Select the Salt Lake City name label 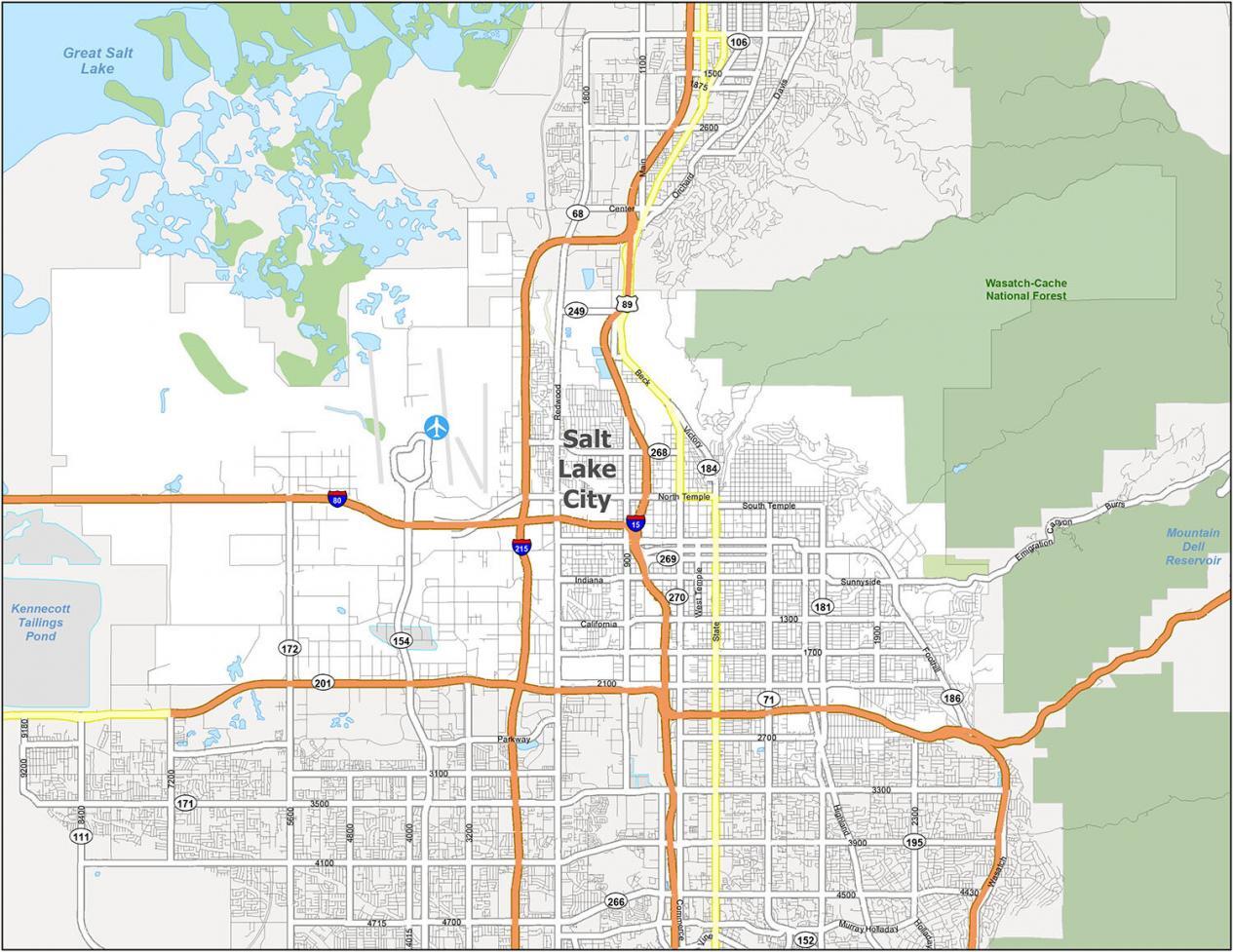coord(588,470)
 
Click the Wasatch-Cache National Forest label coord(1025,289)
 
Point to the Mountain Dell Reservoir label coord(1193,547)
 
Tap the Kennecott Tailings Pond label coord(41,622)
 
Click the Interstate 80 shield coord(336,499)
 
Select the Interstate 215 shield coord(521,548)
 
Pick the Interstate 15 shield coord(636,523)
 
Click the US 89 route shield coord(628,304)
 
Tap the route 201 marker coord(324,683)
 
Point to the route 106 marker coord(739,42)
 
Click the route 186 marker coord(951,698)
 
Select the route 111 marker coord(81,836)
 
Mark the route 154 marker coord(401,640)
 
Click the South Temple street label coord(768,506)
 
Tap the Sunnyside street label coord(861,582)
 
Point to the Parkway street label coord(514,739)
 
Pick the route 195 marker coord(913,842)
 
